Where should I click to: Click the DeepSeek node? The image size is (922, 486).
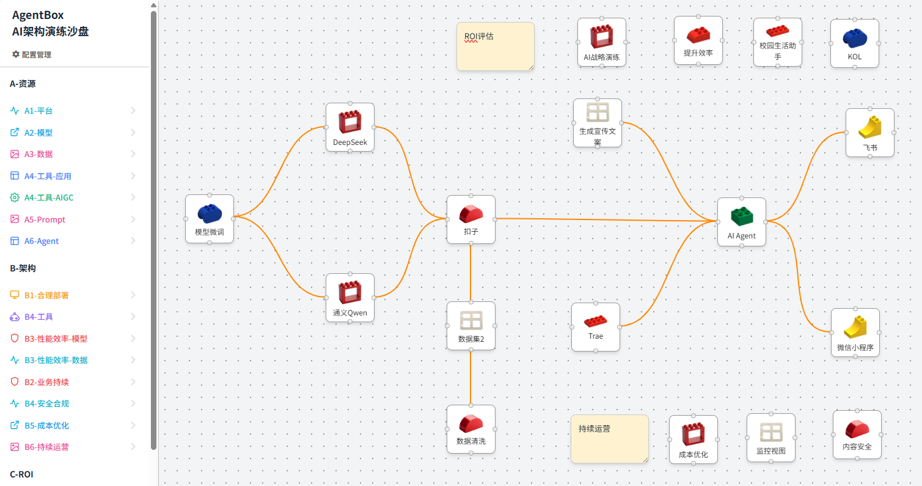pos(349,127)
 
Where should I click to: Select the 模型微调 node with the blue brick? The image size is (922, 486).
pos(210,218)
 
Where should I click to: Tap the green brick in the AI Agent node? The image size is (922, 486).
pos(742,216)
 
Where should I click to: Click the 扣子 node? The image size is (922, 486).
pos(470,219)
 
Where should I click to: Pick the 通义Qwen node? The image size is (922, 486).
pos(349,298)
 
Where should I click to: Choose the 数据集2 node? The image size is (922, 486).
pos(470,325)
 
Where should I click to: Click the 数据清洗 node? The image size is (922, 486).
pos(470,429)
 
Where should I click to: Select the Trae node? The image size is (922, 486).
pos(595,326)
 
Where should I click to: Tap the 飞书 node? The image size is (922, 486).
pos(869,133)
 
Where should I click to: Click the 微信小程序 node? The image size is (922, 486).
pos(855,332)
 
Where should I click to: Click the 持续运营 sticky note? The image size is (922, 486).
pos(609,438)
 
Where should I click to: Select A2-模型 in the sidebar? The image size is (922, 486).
pos(38,133)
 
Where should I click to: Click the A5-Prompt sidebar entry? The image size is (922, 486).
pos(45,219)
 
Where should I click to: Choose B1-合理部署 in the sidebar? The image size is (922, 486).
pos(46,295)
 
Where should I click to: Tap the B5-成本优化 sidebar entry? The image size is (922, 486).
pos(46,425)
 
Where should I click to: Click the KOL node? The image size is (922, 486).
pos(854,43)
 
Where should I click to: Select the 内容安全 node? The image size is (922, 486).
pos(857,434)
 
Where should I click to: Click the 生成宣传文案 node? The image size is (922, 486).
pos(597,122)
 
